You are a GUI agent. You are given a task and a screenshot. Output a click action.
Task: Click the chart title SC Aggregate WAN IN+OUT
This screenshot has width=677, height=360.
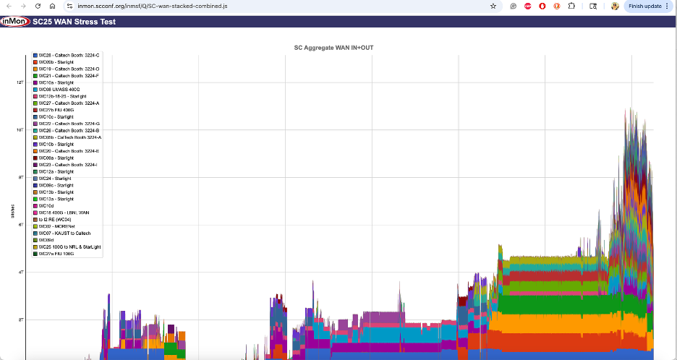click(x=338, y=48)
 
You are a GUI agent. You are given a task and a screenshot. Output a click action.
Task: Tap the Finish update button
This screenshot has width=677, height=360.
click(x=644, y=6)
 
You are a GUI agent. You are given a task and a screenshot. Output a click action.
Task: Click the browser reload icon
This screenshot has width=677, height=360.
click(x=37, y=6)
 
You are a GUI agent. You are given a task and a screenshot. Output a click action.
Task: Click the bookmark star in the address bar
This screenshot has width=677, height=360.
click(x=493, y=6)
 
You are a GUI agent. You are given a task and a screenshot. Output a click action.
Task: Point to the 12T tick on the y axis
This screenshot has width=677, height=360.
click(x=20, y=82)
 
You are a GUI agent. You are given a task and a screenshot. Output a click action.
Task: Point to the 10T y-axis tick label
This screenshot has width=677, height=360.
click(x=20, y=130)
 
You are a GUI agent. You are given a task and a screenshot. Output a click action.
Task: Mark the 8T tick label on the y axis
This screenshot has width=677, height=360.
click(x=21, y=178)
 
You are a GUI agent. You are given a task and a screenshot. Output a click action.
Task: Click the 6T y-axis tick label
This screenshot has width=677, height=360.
click(x=21, y=225)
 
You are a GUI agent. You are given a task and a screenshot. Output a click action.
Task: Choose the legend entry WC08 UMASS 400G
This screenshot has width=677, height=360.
click(x=59, y=90)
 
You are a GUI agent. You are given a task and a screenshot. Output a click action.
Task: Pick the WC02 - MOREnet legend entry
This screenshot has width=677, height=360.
click(x=59, y=226)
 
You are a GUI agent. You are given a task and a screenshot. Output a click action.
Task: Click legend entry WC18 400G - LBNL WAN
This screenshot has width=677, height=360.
click(x=66, y=213)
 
